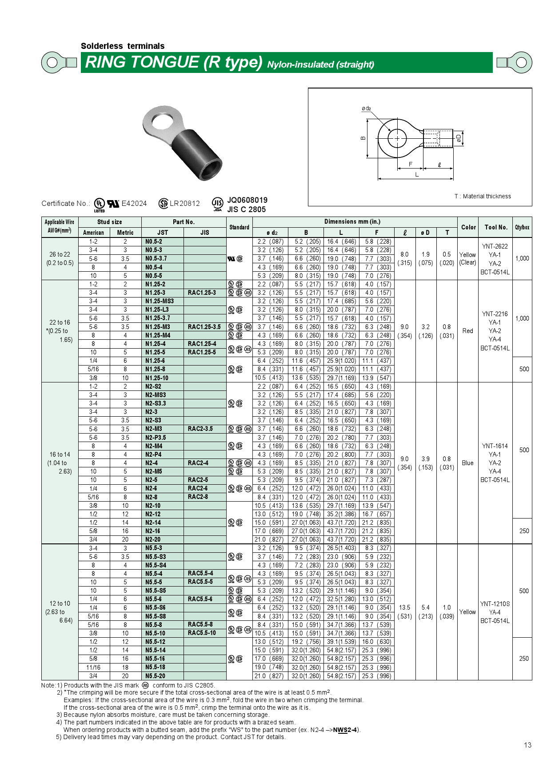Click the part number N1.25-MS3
tap(159, 301)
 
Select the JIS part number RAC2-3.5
tap(200, 429)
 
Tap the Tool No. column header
tap(495, 227)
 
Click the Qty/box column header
tap(522, 227)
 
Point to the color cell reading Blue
tap(467, 463)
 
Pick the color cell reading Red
tap(467, 331)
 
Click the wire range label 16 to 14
tap(60, 454)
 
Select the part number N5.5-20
tap(155, 676)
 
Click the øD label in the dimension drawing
tap(459, 138)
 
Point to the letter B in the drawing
tap(363, 138)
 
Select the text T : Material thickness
tap(483, 196)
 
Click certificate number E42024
tap(134, 204)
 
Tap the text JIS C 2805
tap(246, 209)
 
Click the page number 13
tap(527, 745)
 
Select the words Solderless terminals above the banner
tap(123, 46)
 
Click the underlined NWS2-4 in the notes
tap(346, 730)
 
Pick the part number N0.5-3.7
tap(156, 258)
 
